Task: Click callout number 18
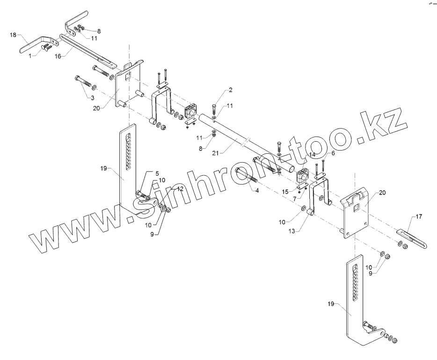click(13, 35)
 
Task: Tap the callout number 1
click(31, 56)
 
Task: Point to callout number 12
click(180, 188)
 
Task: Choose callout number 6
click(333, 153)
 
